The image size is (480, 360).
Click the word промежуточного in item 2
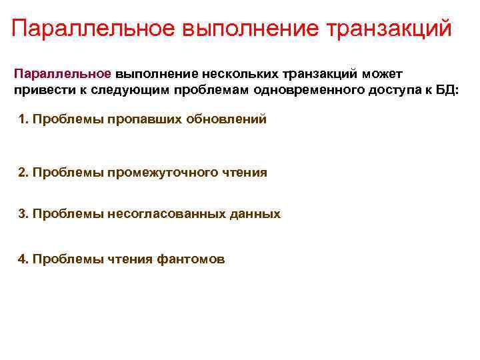(x=153, y=173)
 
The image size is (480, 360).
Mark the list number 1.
(x=23, y=120)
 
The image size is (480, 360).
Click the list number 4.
(x=23, y=259)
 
